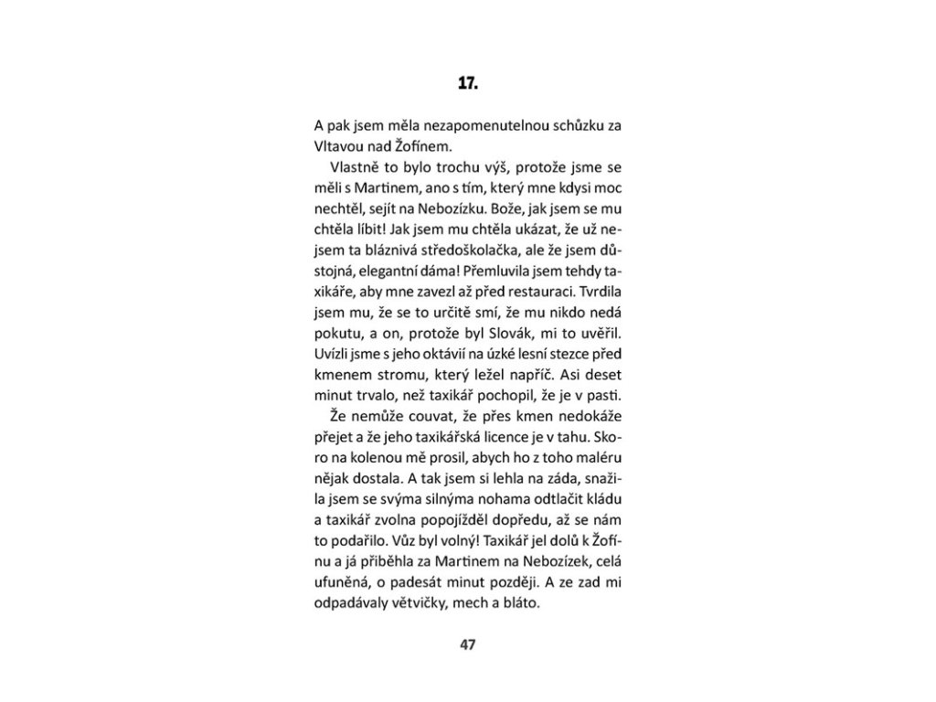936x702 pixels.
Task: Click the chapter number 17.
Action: pos(467,84)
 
